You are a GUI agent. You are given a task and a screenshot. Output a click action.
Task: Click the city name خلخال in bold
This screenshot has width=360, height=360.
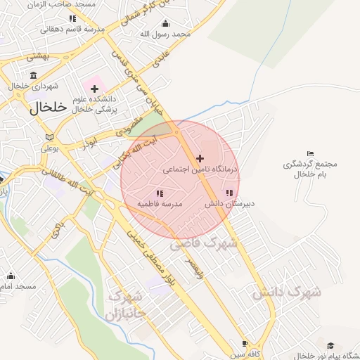coord(47,108)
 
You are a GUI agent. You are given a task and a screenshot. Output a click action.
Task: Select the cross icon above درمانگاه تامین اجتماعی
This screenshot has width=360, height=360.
coord(200,158)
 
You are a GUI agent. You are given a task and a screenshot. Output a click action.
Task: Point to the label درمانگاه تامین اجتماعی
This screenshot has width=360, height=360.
coord(200,169)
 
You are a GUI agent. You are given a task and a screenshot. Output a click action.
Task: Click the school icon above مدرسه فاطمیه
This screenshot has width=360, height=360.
coord(160,193)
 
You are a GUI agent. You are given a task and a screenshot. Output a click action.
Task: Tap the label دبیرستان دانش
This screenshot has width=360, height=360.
coord(229,203)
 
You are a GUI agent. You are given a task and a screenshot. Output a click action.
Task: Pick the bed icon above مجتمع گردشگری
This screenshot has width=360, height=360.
coord(311,154)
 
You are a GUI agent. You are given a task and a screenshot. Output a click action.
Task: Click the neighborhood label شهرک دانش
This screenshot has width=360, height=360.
coord(287,291)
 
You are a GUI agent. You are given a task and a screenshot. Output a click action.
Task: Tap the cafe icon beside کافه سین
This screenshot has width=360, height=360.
coord(245,344)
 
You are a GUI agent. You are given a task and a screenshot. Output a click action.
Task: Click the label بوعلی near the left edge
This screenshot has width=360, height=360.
coord(49,148)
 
